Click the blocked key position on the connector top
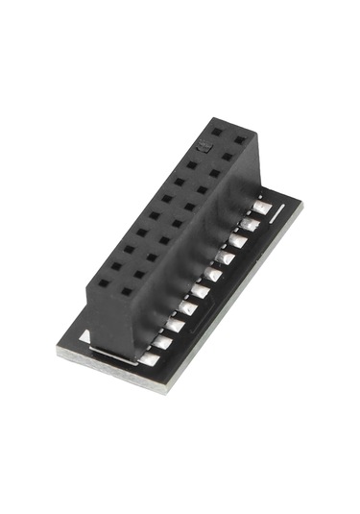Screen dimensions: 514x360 [x=204, y=145]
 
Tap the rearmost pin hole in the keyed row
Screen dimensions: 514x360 [x=217, y=131]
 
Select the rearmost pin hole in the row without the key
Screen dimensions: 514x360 [x=240, y=139]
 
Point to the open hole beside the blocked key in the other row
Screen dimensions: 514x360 [x=228, y=155]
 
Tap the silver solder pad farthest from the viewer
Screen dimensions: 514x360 [x=261, y=208]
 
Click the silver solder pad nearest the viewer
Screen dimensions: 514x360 [x=150, y=358]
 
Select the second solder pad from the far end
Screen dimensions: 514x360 [x=250, y=224]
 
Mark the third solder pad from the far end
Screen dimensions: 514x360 [x=237, y=240]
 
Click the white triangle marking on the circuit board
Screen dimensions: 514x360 [x=86, y=336]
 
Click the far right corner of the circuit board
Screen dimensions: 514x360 [x=301, y=203]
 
